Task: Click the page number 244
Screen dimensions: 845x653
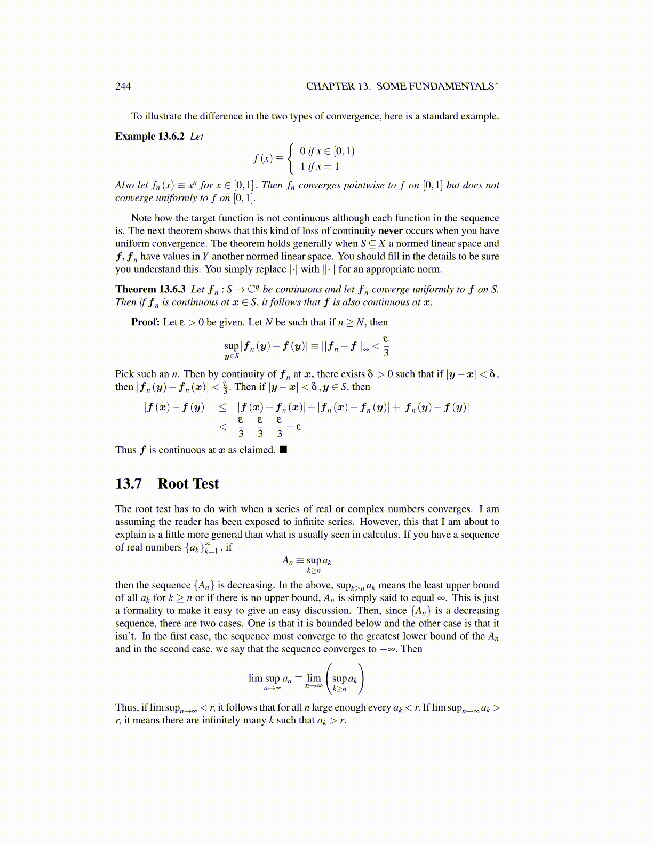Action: pos(123,86)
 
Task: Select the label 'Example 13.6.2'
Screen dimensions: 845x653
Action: pos(149,136)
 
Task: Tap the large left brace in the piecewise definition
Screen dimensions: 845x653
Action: pos(290,158)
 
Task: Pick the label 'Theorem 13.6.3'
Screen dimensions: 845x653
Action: pos(150,289)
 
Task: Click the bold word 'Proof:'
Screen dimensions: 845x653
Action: pos(145,322)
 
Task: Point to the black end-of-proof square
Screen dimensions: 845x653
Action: pos(283,450)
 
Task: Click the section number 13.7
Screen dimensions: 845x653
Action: pos(129,483)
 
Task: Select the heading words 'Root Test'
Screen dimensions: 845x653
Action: pos(188,483)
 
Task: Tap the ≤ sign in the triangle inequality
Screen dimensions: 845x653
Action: pos(222,408)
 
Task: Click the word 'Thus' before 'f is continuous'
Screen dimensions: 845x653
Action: pos(125,450)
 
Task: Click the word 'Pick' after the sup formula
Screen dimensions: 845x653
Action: pos(124,374)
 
